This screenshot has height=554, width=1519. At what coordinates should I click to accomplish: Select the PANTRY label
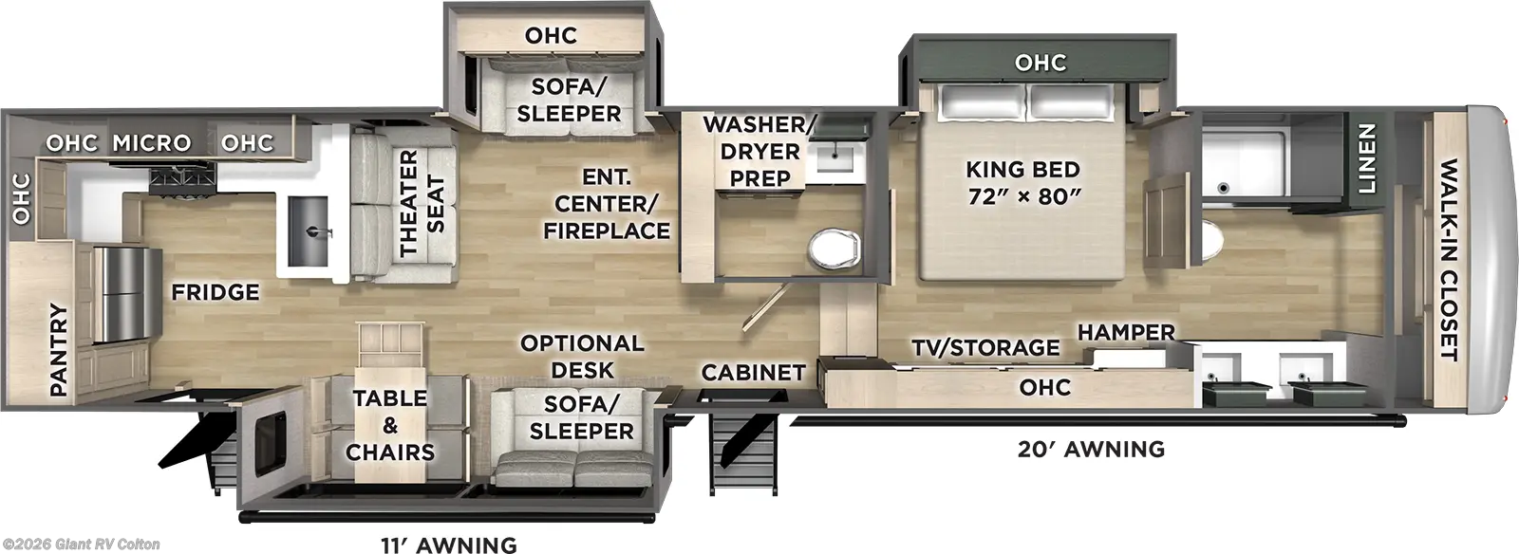pos(59,349)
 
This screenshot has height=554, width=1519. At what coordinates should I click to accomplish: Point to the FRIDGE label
pos(216,292)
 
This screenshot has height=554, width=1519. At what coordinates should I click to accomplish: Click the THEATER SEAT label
pos(421,203)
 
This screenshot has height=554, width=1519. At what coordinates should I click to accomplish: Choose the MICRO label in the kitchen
pos(152,143)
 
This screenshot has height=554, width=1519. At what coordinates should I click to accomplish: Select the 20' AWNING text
pos(1091,449)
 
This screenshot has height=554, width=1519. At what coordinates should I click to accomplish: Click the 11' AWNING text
pos(448,545)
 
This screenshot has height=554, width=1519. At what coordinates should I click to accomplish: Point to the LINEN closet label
pos(1365,158)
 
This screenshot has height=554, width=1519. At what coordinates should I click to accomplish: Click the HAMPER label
pos(1126,333)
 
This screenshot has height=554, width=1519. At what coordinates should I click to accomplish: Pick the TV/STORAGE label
pos(985,348)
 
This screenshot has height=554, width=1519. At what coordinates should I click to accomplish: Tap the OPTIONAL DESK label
pos(582,357)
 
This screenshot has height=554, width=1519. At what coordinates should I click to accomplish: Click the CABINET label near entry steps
pos(753,373)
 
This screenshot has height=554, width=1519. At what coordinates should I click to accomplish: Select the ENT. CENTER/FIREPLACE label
pos(607,204)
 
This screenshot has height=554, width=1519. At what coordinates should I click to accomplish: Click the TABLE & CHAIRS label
pos(390,425)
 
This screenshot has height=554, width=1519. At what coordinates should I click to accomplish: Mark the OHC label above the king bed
pos(1040,63)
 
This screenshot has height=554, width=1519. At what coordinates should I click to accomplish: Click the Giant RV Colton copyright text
pos(81,545)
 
